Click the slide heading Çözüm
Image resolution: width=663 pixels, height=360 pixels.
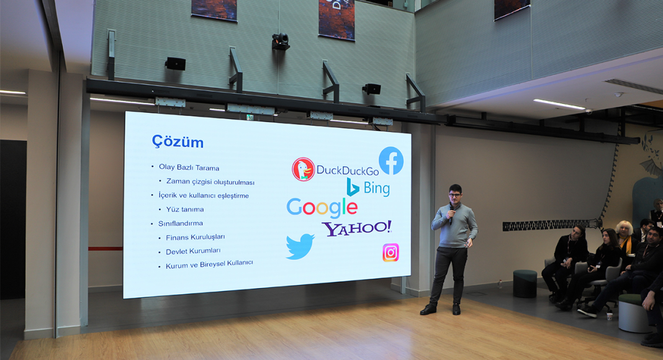coord(178,142)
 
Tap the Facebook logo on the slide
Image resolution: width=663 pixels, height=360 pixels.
coord(390,161)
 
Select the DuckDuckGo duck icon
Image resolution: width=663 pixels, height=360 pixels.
coord(303,169)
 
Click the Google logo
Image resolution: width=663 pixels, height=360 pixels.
coord(322,207)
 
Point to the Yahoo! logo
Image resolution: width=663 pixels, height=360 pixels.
coord(357,228)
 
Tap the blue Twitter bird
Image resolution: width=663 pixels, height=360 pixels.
coord(300,246)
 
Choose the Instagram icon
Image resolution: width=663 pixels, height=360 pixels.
coord(390,253)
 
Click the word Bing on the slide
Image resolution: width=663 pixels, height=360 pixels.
coord(376,188)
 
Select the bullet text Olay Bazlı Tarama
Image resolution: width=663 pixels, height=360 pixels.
coord(189,168)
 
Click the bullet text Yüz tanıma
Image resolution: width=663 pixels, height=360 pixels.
coord(185,209)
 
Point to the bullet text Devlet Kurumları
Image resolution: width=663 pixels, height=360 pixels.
coord(193,251)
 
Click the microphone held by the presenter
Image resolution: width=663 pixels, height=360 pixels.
coord(451,214)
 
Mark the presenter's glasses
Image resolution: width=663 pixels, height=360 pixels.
coord(454,195)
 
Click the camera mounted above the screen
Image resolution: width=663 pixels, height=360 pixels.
coord(281,42)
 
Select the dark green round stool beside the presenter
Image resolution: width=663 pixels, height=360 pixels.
coord(525,284)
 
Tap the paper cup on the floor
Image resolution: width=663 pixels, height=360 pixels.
coord(609,316)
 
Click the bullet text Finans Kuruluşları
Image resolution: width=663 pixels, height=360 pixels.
coord(196,237)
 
